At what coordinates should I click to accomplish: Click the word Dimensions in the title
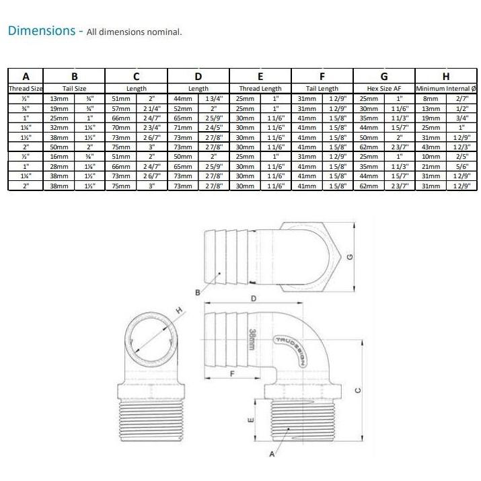(x=40, y=31)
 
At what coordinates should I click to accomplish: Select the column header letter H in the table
(x=445, y=76)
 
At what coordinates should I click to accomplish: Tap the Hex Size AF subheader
(x=383, y=88)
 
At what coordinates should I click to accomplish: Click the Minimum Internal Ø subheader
(x=445, y=88)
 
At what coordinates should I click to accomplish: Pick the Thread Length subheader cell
(x=260, y=88)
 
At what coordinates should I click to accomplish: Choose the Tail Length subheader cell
(x=322, y=88)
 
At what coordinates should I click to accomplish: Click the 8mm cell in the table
(x=431, y=98)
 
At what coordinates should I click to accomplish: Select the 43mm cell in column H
(x=431, y=146)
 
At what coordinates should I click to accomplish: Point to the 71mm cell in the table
(x=183, y=127)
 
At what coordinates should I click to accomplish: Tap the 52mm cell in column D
(x=183, y=108)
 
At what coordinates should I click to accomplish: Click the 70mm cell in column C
(x=121, y=127)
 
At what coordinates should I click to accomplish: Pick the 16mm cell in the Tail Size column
(x=59, y=156)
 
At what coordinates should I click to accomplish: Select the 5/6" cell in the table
(x=461, y=165)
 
